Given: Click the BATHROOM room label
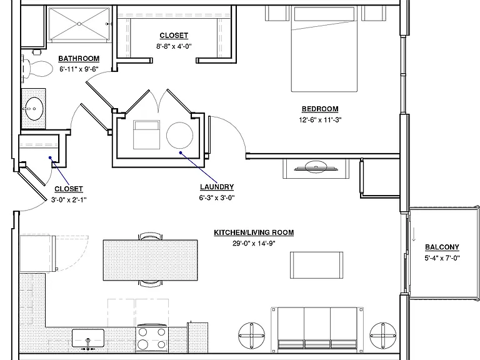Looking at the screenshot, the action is click(x=79, y=59).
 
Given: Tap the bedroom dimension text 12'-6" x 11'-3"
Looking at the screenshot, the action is click(x=320, y=120).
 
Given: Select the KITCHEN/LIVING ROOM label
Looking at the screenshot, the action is click(x=254, y=232).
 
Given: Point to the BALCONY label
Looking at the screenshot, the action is click(x=442, y=247).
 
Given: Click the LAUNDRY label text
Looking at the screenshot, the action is click(x=217, y=187).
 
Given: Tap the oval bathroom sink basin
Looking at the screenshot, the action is click(x=34, y=109).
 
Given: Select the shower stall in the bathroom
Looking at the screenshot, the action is click(x=79, y=24).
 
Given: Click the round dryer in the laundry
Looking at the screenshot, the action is click(x=180, y=135).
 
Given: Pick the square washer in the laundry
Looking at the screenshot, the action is click(x=146, y=135).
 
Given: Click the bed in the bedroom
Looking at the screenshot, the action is click(x=324, y=49).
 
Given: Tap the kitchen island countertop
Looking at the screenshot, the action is click(x=150, y=260).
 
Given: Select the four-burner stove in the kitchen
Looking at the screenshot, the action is click(x=152, y=339).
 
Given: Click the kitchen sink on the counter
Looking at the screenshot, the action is click(x=88, y=338).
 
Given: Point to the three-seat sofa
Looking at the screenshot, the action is click(x=317, y=330).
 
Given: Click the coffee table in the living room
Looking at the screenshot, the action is click(x=316, y=265).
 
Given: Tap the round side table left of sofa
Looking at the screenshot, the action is click(x=252, y=336).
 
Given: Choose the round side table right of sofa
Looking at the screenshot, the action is click(x=383, y=336).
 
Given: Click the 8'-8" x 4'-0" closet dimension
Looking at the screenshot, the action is click(x=174, y=46).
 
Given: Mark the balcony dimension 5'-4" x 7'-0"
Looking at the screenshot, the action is click(x=442, y=258).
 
